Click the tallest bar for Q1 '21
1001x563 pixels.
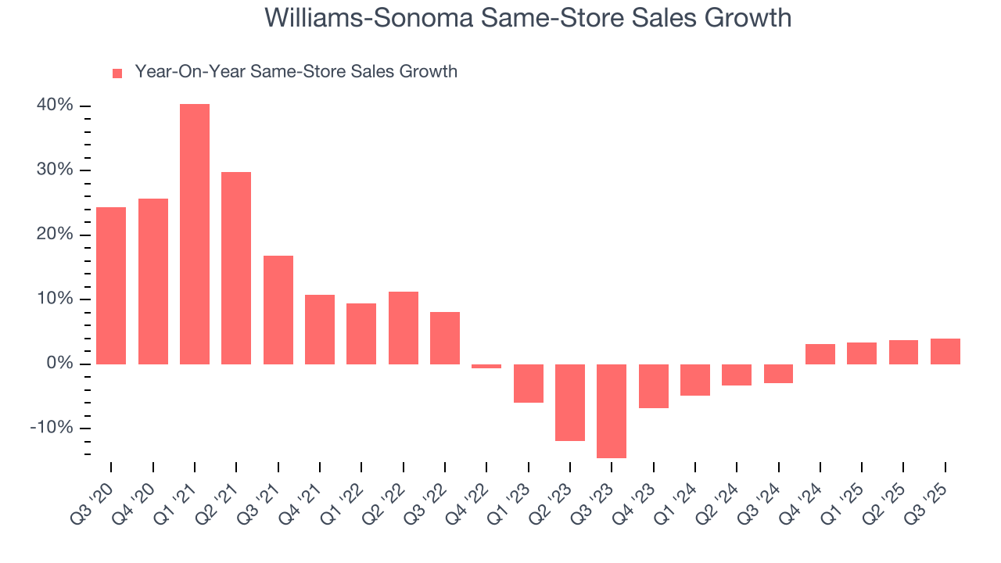(x=195, y=234)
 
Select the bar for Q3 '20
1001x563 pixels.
(x=111, y=285)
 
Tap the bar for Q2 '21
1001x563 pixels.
(x=236, y=267)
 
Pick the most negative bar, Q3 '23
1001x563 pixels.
(x=612, y=411)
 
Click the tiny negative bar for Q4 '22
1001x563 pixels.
(x=486, y=366)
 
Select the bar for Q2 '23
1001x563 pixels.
(x=570, y=402)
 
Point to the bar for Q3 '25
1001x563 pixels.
(x=945, y=351)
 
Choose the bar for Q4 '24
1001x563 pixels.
(x=820, y=353)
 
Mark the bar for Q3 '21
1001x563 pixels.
(x=278, y=310)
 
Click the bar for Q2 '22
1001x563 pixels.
(x=404, y=328)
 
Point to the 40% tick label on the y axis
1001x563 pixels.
(x=55, y=106)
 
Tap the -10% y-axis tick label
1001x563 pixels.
(x=52, y=428)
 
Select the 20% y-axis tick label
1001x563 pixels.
(x=55, y=235)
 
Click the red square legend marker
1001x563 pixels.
(x=117, y=73)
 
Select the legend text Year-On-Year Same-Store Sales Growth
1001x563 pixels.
(x=296, y=72)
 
